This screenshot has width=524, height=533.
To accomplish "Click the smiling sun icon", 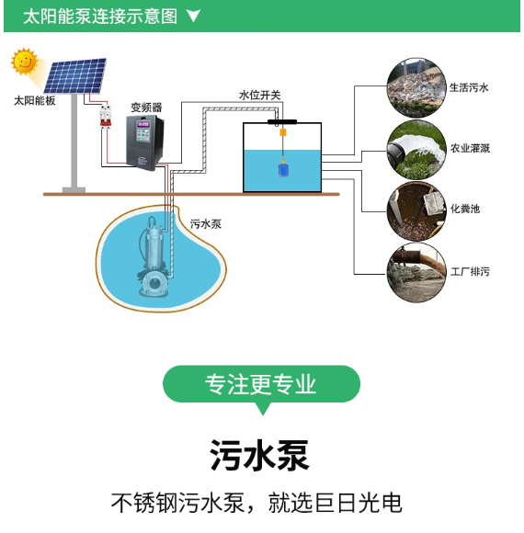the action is click(24, 62).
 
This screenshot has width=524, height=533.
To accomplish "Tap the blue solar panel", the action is click(75, 75).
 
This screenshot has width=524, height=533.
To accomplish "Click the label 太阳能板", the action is click(34, 100).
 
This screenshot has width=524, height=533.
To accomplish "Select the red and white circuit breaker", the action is click(106, 117).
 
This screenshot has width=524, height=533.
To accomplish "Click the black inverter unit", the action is click(145, 142).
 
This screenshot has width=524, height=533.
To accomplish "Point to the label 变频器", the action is click(146, 108).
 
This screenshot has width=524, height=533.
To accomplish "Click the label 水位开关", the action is click(260, 96).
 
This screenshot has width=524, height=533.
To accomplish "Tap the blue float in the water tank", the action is click(283, 170).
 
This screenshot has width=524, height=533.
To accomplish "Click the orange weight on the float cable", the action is click(282, 132).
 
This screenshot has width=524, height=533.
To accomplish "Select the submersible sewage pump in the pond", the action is click(153, 257).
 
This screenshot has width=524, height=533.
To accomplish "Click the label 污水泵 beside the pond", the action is click(206, 224).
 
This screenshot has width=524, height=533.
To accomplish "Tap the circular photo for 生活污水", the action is click(416, 87).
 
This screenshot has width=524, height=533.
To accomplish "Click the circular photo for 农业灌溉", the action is click(416, 150).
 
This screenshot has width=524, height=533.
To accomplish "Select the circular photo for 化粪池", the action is click(416, 211).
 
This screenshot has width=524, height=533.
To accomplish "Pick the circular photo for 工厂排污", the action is click(416, 273).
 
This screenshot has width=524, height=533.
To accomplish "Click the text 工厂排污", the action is click(470, 272).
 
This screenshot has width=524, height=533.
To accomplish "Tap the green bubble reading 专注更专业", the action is click(261, 384).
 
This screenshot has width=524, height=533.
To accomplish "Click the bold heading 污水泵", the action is click(259, 455).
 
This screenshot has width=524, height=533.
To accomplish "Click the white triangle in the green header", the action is click(193, 16).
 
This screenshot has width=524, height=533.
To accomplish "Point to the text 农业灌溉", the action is click(470, 148).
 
